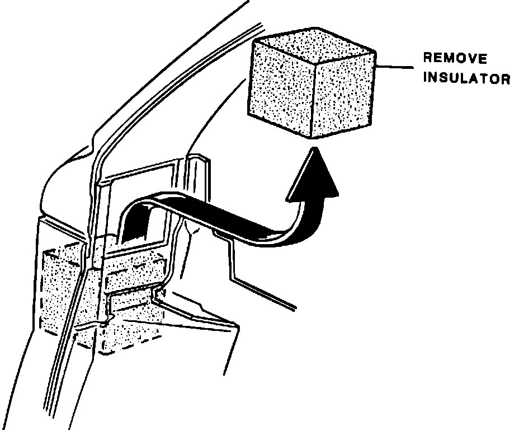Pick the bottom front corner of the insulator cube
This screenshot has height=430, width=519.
(x=312, y=138)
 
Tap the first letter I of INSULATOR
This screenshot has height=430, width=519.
(x=425, y=78)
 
